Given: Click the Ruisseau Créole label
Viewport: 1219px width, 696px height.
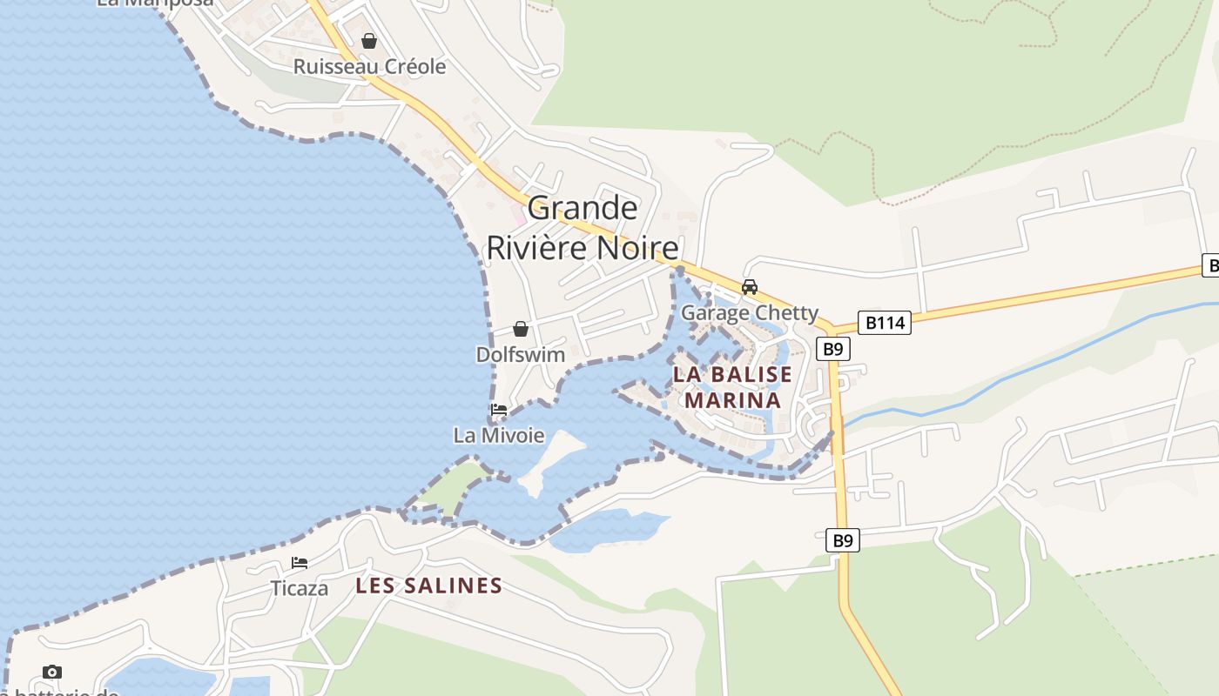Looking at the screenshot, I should coord(369,67).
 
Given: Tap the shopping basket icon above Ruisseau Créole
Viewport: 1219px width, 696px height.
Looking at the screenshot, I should coord(369,41).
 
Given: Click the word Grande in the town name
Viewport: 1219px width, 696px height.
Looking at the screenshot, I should coord(583,208).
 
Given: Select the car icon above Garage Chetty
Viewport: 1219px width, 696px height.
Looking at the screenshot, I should coord(749,286).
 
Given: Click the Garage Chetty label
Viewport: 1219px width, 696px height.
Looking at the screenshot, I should coord(750,312).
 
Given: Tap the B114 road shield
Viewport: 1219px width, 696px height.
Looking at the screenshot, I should coord(885,323).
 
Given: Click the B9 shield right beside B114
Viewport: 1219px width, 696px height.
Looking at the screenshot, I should coord(833,349).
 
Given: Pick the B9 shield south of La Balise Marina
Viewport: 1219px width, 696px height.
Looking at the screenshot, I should coord(843,540).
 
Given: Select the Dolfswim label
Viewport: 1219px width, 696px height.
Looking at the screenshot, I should coord(521,355).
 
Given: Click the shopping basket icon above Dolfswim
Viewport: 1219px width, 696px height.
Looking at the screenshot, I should coord(521,329).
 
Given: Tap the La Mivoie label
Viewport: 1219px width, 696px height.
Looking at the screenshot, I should coord(499,435).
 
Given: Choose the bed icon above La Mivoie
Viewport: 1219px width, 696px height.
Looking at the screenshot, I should coord(499,410).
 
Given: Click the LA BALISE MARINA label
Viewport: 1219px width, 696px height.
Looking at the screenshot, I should coord(732,387).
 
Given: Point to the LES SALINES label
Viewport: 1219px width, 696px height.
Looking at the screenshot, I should coord(429,586).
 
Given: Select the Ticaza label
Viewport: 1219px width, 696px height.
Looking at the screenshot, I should coord(300,588).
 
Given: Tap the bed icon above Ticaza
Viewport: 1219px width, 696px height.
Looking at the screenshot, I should coord(300,563).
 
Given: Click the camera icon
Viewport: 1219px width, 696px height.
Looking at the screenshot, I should coord(52,672).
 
